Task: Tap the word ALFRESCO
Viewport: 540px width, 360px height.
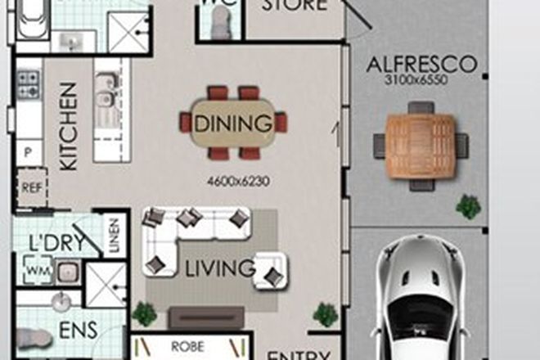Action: (421, 64)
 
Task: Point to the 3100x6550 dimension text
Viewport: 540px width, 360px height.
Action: (421, 80)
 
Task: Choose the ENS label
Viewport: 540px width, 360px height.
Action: (78, 331)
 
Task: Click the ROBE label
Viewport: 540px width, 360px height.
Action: (187, 346)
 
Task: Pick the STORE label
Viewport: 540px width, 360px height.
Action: (294, 7)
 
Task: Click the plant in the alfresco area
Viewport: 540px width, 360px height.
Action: (469, 205)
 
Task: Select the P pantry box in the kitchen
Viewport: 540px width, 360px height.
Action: (29, 152)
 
